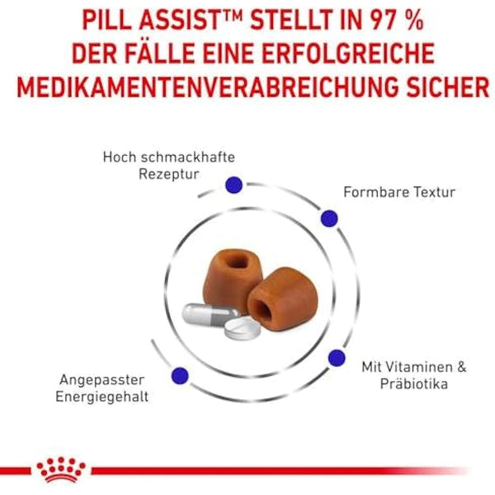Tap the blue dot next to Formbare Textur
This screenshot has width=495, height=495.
click(x=329, y=218)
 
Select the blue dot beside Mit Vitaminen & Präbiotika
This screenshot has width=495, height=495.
click(x=336, y=357)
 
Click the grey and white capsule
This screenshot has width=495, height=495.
click(x=207, y=318)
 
